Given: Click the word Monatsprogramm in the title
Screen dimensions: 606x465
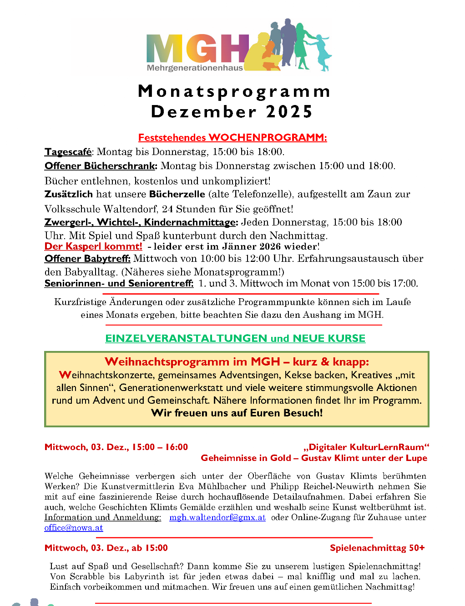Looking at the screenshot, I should [234, 91].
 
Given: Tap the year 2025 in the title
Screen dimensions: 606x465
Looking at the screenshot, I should [289, 112].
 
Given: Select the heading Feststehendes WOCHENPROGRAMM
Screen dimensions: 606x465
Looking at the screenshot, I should [232, 137].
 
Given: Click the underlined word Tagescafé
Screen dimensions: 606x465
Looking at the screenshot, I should [68, 152].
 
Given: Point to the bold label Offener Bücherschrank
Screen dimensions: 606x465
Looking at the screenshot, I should [101, 166].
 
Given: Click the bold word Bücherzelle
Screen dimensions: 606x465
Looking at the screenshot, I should [177, 194].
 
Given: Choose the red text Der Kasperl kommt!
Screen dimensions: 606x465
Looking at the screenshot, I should [93, 246].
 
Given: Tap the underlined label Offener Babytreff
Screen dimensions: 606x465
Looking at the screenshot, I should [87, 259].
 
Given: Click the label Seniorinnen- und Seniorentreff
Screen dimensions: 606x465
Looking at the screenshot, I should [119, 283].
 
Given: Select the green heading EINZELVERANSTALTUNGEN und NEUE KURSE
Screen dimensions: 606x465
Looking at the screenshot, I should [235, 338].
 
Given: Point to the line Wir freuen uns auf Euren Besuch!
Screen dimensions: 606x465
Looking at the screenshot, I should [237, 413].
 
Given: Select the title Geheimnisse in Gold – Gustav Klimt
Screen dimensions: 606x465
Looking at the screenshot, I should [314, 458].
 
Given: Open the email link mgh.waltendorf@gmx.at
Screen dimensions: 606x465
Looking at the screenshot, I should [217, 517].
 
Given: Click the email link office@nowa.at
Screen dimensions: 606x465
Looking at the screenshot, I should [74, 528].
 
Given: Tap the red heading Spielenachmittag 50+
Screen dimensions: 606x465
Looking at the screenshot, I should [377, 548].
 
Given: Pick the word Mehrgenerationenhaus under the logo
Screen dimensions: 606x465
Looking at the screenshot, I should [195, 68].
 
